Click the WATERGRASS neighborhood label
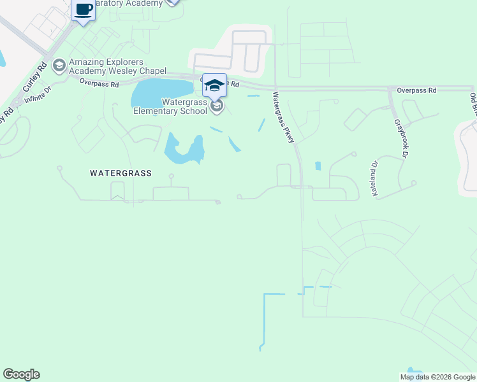coord(120,173)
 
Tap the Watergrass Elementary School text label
coord(170,106)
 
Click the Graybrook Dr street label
coord(400,138)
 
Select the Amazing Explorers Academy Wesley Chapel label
coord(117,66)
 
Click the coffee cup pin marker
coord(83,11)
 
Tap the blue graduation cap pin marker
coord(214,85)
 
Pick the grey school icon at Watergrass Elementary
coord(217,106)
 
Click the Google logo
coord(21,374)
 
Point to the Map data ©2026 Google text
coord(437,377)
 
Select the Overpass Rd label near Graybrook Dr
coord(416,90)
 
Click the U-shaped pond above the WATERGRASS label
coord(184,151)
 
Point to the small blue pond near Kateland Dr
coord(318,166)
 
